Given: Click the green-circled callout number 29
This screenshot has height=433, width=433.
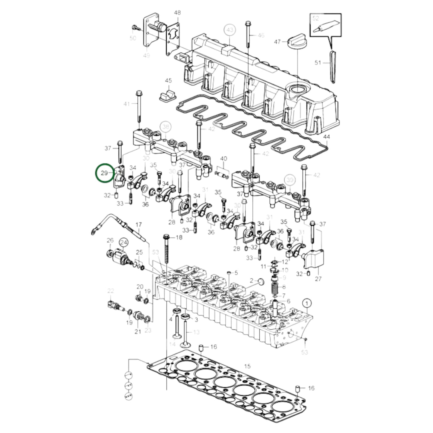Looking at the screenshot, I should click(x=104, y=173).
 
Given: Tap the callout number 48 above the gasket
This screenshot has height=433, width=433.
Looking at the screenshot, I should click(x=177, y=13).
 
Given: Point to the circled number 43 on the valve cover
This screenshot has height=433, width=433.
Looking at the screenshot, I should click(x=230, y=30).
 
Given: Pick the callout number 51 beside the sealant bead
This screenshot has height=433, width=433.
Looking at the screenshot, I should click(x=318, y=63).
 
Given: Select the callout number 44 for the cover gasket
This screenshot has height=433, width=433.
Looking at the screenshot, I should click(x=327, y=137).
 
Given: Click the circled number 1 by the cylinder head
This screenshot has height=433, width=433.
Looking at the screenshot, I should click(x=307, y=303).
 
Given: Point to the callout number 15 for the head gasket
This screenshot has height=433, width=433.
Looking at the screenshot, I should click(x=247, y=366).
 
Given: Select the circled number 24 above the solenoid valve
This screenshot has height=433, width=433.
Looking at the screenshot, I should click(x=123, y=242).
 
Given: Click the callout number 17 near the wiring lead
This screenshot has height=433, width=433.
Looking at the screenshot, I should click(x=138, y=224).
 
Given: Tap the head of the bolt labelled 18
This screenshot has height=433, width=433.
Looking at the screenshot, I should click(x=166, y=237).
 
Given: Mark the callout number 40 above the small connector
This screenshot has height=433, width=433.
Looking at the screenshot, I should click(x=224, y=159).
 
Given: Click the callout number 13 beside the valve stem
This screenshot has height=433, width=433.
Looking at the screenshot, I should click(x=196, y=332).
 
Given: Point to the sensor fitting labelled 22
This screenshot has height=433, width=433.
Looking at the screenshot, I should click(x=114, y=305).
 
